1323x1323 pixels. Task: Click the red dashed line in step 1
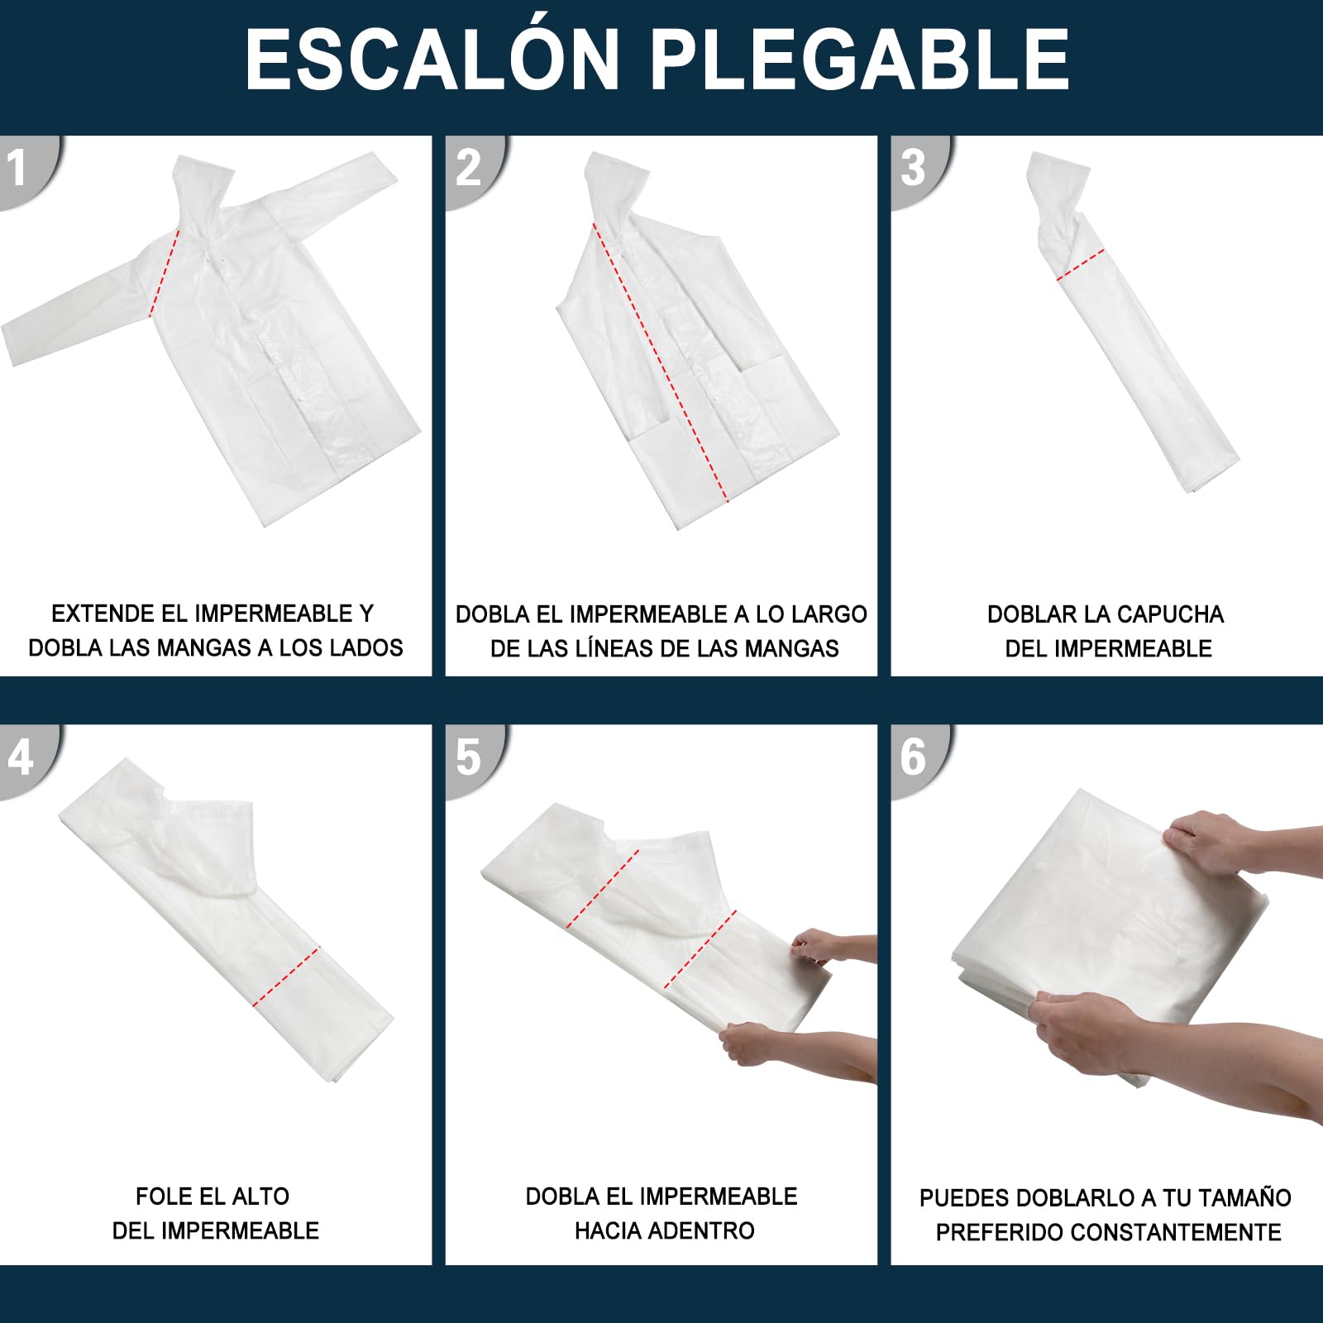(x=164, y=274)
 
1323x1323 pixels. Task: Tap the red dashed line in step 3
(x=1081, y=265)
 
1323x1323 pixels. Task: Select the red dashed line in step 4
(x=285, y=977)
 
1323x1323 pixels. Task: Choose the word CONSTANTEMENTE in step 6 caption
(x=1178, y=1232)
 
